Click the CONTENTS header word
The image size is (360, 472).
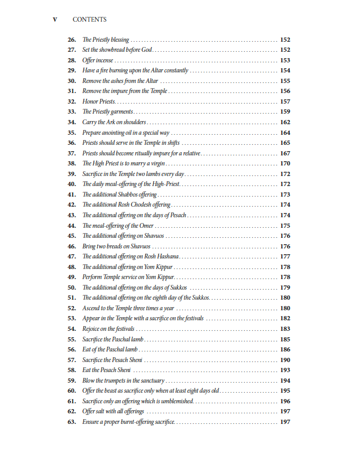[x=89, y=20]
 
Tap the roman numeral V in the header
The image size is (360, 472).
[x=54, y=20]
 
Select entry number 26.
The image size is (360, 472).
[x=72, y=40]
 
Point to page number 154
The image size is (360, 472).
[x=285, y=70]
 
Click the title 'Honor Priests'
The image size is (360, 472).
[x=99, y=101]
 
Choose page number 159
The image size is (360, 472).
[x=285, y=112]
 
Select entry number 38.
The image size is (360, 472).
[x=72, y=163]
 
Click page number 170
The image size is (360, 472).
[x=285, y=163]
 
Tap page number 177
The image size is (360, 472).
[x=285, y=256]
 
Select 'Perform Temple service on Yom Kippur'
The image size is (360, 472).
[x=128, y=277]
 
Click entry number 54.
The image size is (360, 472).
[x=72, y=329]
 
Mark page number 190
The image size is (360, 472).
[x=285, y=360]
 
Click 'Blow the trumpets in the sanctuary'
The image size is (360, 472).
[x=124, y=381]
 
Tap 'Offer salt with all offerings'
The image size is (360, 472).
[x=113, y=411]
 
